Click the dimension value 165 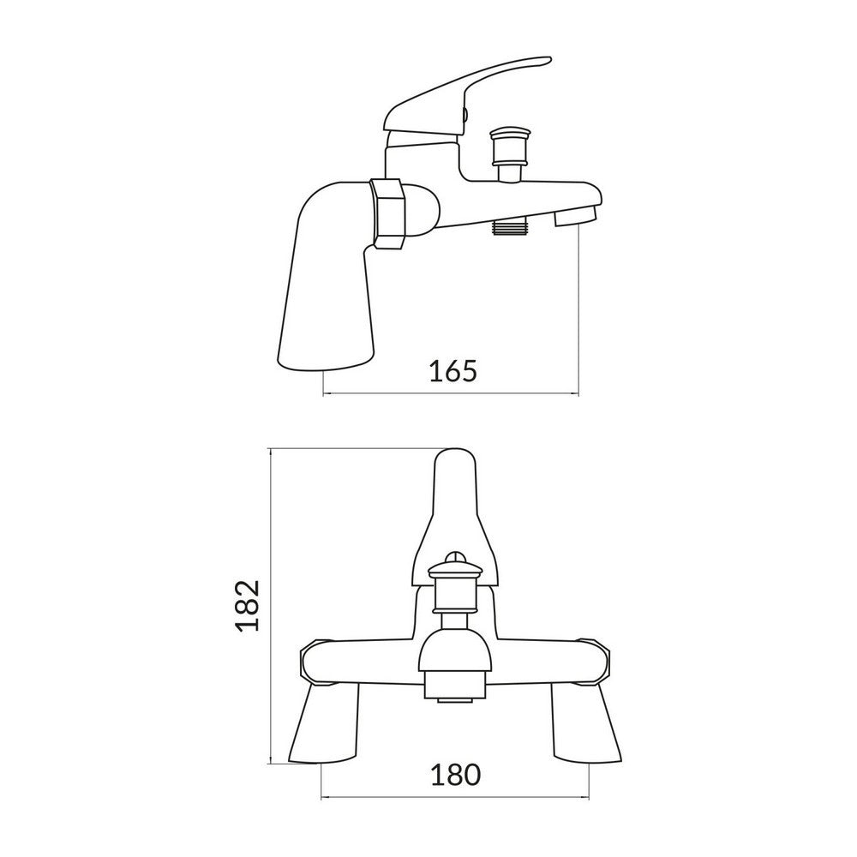click(451, 372)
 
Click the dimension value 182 click(247, 605)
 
